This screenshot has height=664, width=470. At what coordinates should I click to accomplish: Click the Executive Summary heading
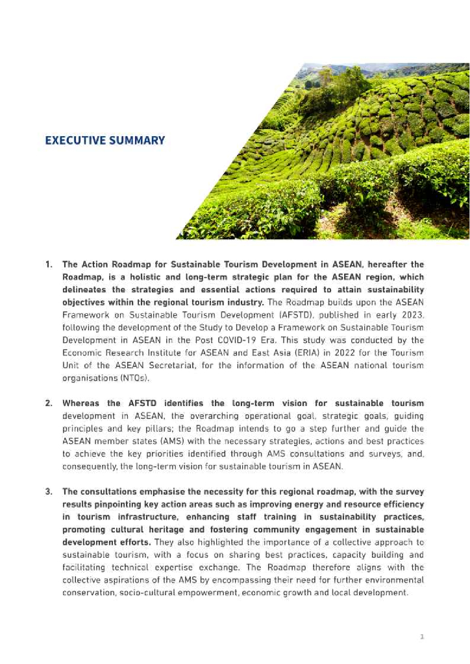point(105,140)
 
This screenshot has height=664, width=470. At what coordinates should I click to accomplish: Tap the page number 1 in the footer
point(422,637)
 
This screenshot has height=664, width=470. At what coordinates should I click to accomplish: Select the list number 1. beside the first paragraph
point(49,265)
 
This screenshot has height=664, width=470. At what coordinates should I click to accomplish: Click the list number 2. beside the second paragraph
point(49,403)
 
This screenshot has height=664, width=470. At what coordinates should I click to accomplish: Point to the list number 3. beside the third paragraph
point(49,492)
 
